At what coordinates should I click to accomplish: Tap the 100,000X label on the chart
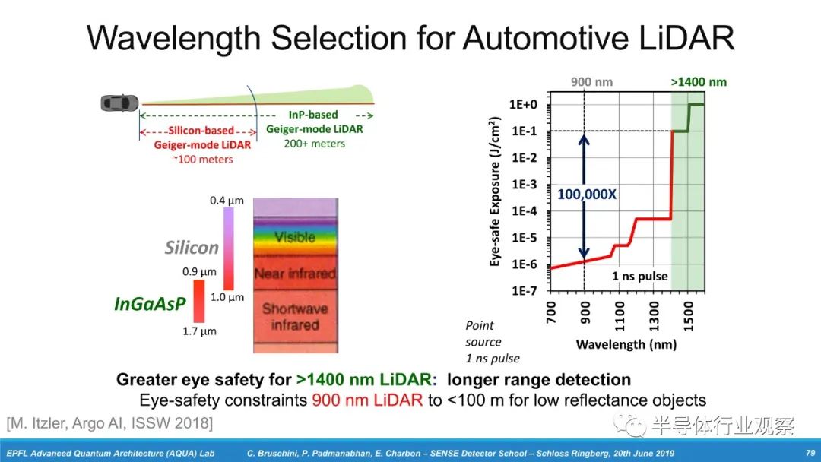click(587, 194)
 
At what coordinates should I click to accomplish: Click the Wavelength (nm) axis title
click(626, 344)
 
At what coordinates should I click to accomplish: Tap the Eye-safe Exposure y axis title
click(496, 191)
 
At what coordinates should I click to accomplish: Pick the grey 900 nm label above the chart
click(592, 82)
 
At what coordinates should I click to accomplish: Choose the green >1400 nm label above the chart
click(699, 82)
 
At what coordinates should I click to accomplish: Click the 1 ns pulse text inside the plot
click(640, 276)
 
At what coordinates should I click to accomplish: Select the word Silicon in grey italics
click(192, 248)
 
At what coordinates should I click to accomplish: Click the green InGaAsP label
click(150, 303)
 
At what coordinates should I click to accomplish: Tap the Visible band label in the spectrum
click(295, 237)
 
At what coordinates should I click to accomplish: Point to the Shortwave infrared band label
click(295, 317)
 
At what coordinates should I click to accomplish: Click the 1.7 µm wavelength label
click(199, 331)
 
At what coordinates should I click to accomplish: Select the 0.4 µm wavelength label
click(227, 201)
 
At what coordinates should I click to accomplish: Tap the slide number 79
click(810, 453)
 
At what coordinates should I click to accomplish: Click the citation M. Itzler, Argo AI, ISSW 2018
click(109, 422)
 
